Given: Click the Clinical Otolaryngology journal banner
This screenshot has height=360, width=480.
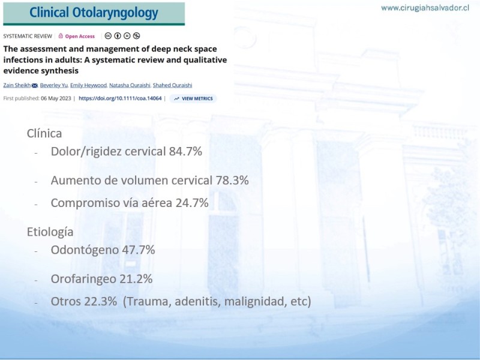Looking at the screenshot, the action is tap(94, 13).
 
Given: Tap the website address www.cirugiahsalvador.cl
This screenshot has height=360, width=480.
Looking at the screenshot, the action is tap(425, 8).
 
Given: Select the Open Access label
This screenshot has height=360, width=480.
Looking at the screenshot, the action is tap(77, 36).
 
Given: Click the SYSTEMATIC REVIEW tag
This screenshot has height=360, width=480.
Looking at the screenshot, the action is tap(28, 36).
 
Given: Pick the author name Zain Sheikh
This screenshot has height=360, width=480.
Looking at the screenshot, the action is tap(17, 85).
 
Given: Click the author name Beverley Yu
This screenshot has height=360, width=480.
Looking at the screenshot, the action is tap(54, 85).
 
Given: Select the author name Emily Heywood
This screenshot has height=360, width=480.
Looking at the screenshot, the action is tap(88, 85).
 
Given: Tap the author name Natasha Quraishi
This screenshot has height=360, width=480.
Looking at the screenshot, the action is tap(130, 85).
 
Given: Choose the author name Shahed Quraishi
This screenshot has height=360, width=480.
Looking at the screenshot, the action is tap(172, 85).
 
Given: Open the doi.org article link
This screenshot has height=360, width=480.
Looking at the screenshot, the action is tap(120, 98).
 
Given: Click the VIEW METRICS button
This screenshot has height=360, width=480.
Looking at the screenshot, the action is tap(193, 98).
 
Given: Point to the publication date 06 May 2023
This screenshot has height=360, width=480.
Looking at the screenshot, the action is tap(56, 98).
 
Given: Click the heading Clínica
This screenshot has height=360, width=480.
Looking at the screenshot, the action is tap(44, 133).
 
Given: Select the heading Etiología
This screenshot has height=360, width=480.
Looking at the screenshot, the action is tap(50, 232).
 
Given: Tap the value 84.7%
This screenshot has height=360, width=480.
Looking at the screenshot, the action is tap(185, 151).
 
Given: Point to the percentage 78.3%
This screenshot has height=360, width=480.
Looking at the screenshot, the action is tap(232, 181).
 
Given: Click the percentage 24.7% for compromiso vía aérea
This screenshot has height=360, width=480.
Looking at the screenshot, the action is tap(192, 203).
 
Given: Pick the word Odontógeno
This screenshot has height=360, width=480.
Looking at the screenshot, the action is tap(85, 250).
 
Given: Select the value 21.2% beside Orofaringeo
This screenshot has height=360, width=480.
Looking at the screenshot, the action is tap(136, 279).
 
